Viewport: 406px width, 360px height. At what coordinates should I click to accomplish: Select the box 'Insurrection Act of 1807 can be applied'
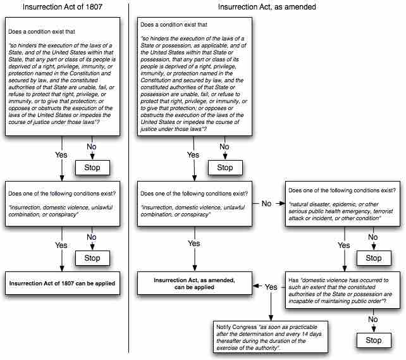click(x=62, y=284)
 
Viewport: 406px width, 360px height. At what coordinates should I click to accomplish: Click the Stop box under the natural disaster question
click(x=373, y=258)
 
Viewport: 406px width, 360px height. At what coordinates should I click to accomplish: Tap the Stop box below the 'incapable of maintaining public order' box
click(x=373, y=340)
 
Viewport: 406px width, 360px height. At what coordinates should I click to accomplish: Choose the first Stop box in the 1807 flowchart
click(x=92, y=168)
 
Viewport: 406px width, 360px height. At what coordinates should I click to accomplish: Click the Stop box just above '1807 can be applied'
click(x=92, y=258)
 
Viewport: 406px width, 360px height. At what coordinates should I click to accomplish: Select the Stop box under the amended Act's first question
click(x=225, y=168)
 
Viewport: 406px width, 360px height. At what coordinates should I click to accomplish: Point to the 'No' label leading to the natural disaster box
click(x=266, y=204)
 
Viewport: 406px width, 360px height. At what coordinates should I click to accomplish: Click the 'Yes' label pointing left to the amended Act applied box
click(x=271, y=287)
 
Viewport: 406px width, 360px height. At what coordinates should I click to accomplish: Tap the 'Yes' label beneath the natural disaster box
click(x=343, y=245)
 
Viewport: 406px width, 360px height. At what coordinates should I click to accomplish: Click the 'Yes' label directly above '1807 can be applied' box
click(x=61, y=245)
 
